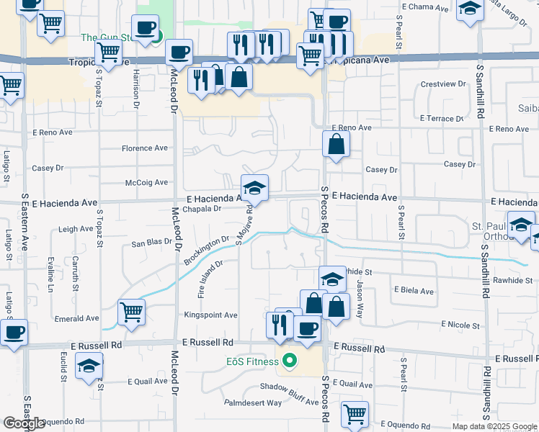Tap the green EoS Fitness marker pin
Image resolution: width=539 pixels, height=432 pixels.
(290, 361)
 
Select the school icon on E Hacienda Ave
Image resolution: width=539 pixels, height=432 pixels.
(254, 189)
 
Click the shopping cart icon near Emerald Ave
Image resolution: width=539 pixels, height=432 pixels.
(132, 312)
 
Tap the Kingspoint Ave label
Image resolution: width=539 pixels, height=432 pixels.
(210, 315)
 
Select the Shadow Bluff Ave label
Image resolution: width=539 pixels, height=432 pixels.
(289, 387)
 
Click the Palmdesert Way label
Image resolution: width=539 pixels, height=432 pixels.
(253, 402)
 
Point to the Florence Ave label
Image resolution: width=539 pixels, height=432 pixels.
(144, 148)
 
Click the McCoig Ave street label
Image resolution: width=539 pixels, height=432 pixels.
(146, 183)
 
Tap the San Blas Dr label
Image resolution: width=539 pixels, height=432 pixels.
(151, 243)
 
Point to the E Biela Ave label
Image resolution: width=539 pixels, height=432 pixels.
(414, 292)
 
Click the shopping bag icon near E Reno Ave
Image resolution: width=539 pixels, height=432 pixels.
(336, 144)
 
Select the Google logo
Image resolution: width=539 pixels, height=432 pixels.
(24, 423)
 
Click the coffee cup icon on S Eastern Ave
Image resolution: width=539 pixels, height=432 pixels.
(13, 333)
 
